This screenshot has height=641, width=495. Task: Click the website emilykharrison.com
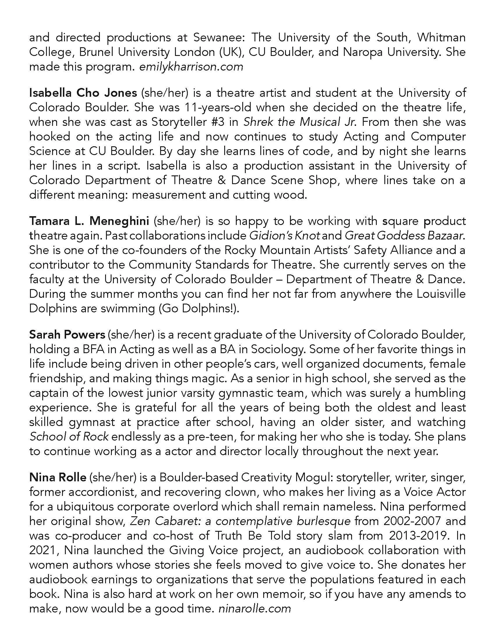[x=191, y=67]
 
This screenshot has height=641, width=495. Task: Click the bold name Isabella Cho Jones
[x=83, y=93]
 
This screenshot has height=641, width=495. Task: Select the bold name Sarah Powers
[x=67, y=334]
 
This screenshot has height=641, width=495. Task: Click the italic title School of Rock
[x=69, y=437]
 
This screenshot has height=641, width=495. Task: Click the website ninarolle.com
[x=255, y=609]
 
